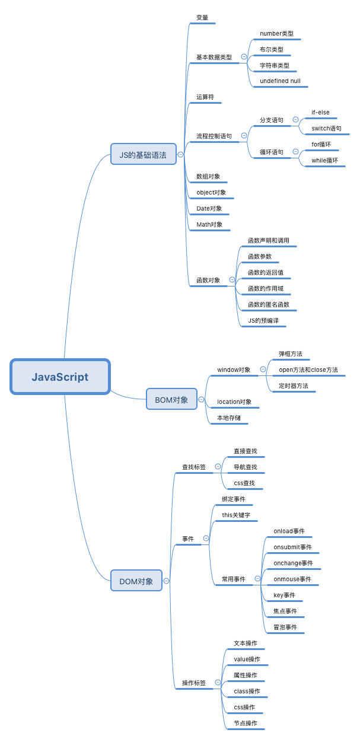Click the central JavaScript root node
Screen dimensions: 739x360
click(x=60, y=377)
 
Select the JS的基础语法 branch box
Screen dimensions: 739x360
click(x=144, y=155)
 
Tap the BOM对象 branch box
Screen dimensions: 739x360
click(x=171, y=400)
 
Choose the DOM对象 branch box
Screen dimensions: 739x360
click(x=136, y=581)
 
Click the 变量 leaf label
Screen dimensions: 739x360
click(x=202, y=18)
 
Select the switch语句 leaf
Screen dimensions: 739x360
click(x=326, y=128)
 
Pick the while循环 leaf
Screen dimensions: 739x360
click(x=324, y=160)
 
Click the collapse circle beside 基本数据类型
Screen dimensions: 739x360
click(x=244, y=57)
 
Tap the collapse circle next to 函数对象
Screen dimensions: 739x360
click(x=232, y=280)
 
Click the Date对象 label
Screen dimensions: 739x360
click(x=209, y=209)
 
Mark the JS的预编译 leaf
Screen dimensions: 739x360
click(x=263, y=320)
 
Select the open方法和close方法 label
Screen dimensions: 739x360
click(x=308, y=370)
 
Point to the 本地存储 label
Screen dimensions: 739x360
click(x=229, y=418)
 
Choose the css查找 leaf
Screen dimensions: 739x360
click(x=244, y=483)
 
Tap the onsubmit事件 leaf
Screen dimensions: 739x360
click(x=292, y=547)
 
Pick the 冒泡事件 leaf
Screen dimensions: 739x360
click(x=285, y=627)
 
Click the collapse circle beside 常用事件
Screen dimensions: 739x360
click(x=257, y=579)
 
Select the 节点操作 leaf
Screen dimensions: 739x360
click(x=245, y=723)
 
